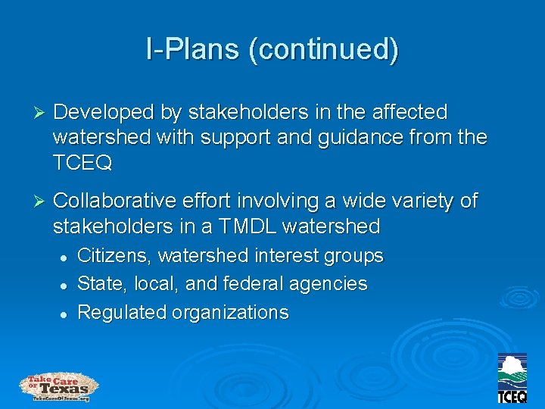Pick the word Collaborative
(113, 201)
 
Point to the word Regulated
(121, 312)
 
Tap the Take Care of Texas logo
(59, 386)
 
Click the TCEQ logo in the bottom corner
(512, 378)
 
